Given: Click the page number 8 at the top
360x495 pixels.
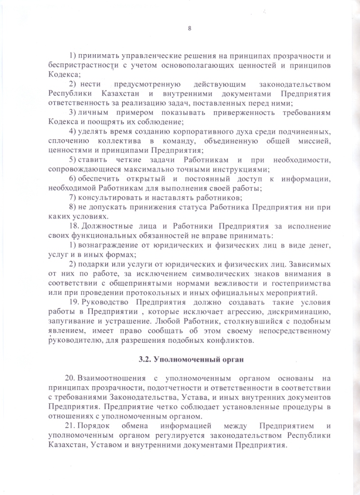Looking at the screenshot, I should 190,28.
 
